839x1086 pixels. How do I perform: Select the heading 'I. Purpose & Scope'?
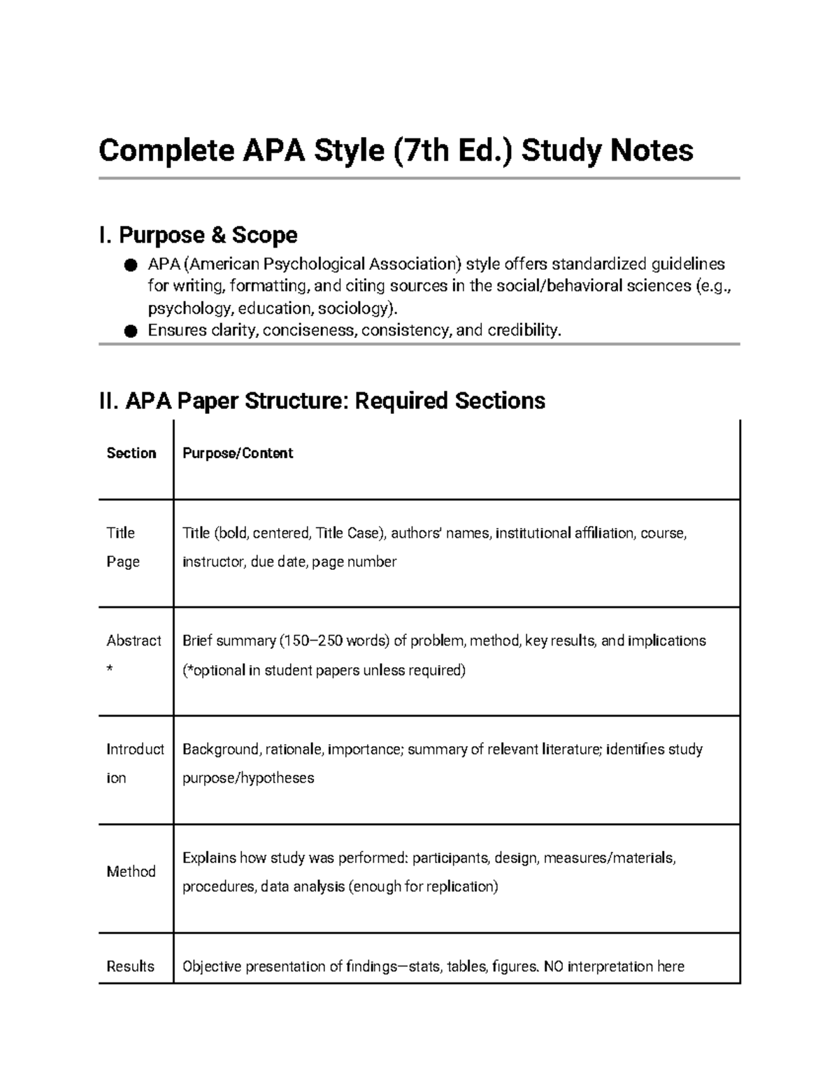click(199, 235)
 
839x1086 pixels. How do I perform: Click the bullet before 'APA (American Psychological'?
click(131, 265)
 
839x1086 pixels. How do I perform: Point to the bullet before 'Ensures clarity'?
click(131, 331)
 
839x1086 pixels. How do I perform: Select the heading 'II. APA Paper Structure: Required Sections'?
click(322, 401)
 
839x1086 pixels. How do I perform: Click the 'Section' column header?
click(131, 453)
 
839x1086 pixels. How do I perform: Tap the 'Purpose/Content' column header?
click(238, 453)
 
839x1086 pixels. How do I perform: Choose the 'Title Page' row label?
click(122, 547)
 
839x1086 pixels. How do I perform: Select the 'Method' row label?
click(131, 871)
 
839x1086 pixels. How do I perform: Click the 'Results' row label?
click(130, 966)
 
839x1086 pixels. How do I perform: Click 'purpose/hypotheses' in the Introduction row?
click(248, 778)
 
